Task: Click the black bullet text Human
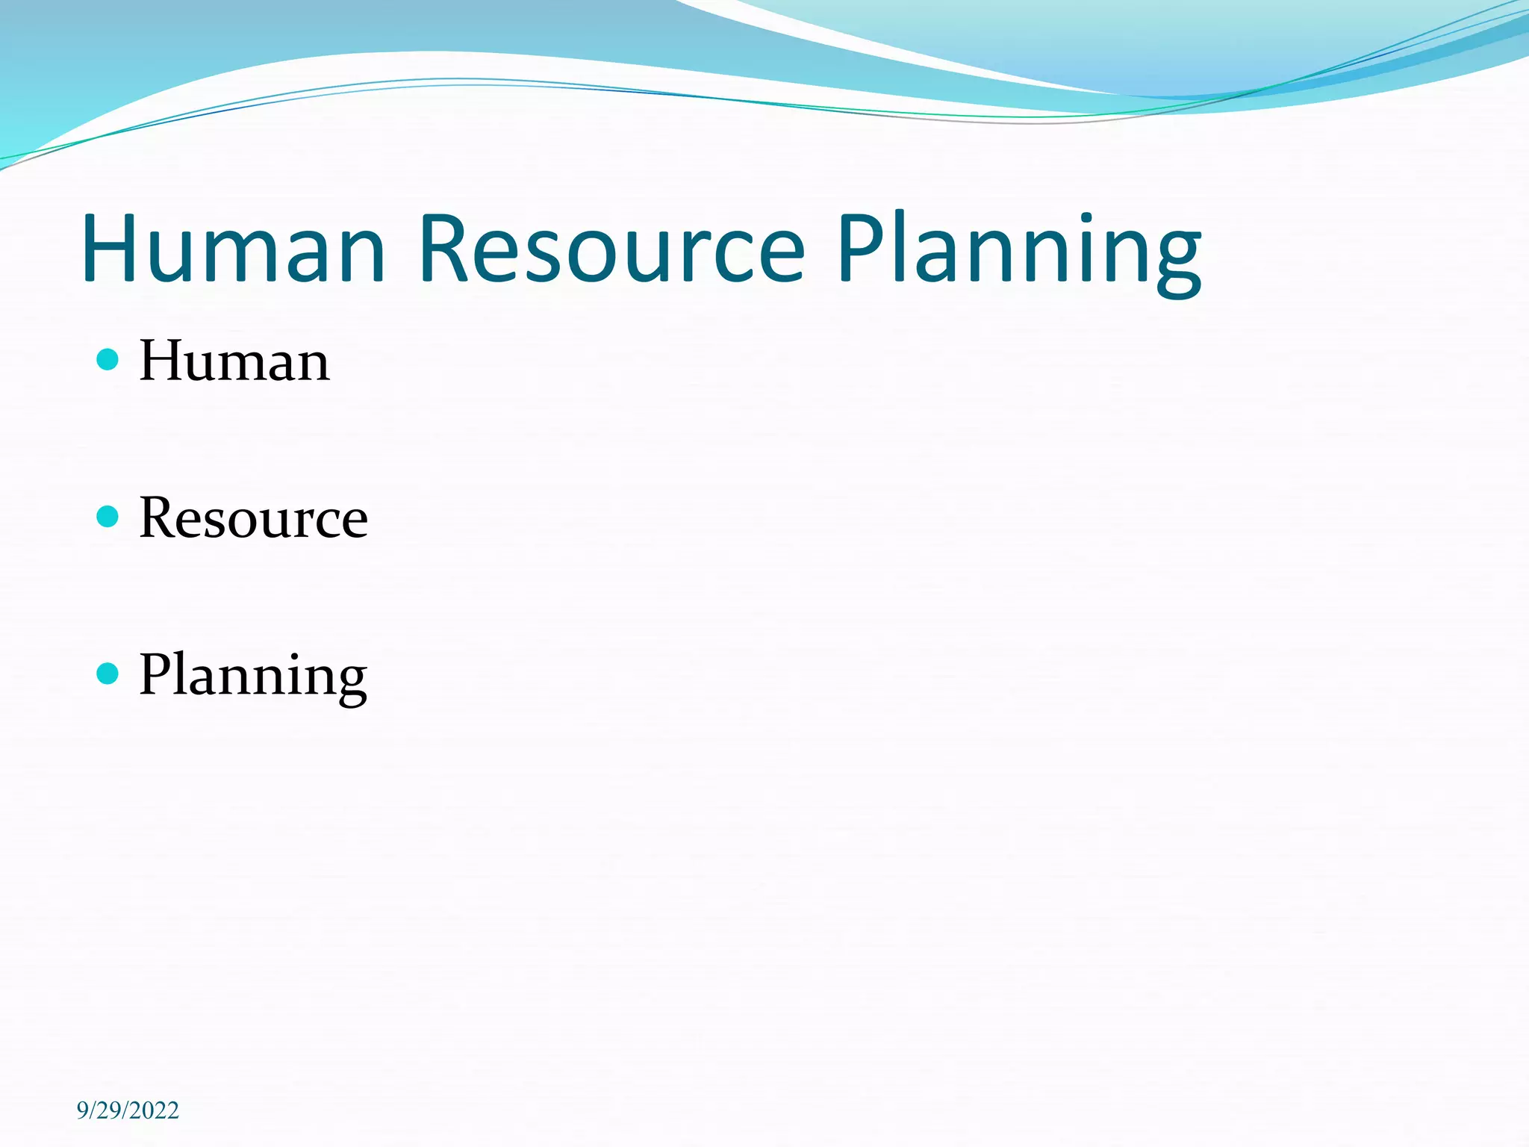click(x=234, y=361)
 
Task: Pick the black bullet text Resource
click(x=253, y=517)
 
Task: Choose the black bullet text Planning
click(x=253, y=676)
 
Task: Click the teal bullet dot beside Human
click(x=108, y=359)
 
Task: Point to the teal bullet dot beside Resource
click(x=108, y=516)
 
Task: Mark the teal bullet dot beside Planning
click(x=108, y=674)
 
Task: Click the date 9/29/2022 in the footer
click(x=128, y=1110)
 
